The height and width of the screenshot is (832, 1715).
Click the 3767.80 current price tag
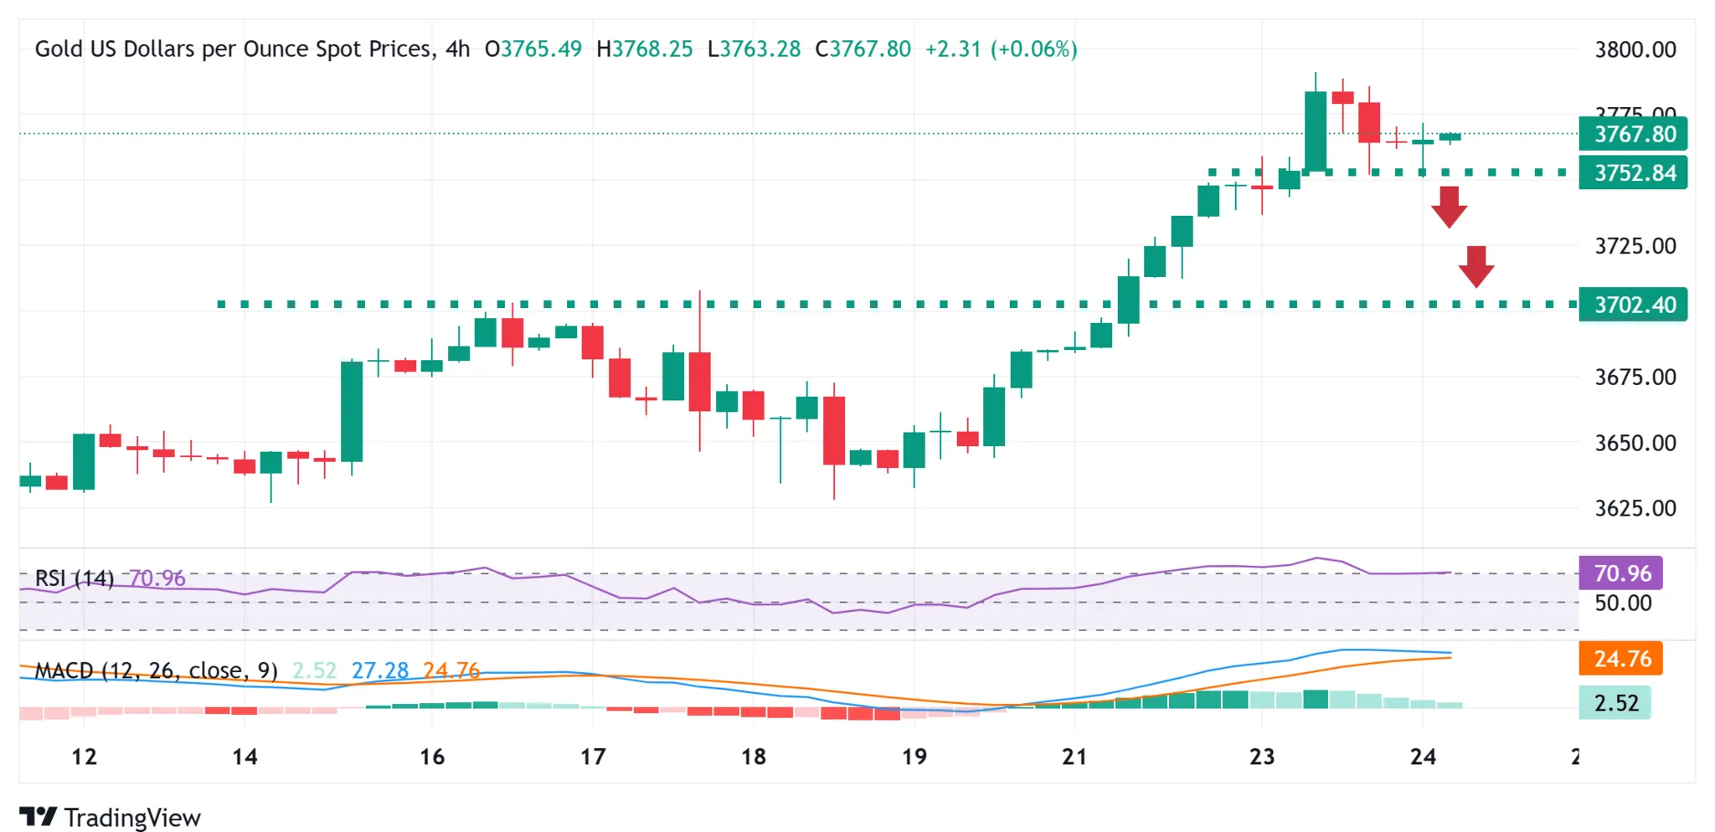pyautogui.click(x=1633, y=134)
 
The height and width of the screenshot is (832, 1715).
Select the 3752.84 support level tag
pyautogui.click(x=1633, y=173)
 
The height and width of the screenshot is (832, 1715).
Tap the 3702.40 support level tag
pyautogui.click(x=1633, y=305)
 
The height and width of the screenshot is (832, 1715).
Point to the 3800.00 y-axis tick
pyautogui.click(x=1635, y=49)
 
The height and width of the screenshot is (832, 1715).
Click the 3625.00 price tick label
pyautogui.click(x=1635, y=508)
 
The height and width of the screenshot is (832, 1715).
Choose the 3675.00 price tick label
pyautogui.click(x=1635, y=377)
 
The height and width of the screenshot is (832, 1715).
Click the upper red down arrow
pyautogui.click(x=1449, y=206)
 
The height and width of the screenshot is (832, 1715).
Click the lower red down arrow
pyautogui.click(x=1476, y=266)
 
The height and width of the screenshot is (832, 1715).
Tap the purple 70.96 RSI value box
pyautogui.click(x=1620, y=573)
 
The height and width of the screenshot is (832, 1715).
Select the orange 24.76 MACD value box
pyautogui.click(x=1620, y=659)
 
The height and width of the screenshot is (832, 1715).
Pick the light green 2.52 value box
pyautogui.click(x=1615, y=703)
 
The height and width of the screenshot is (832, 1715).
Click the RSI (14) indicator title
pyautogui.click(x=74, y=578)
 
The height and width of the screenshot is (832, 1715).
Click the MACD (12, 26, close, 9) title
pyautogui.click(x=156, y=670)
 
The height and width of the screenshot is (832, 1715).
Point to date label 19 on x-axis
pyautogui.click(x=914, y=757)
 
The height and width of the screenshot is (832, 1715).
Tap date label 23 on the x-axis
pyautogui.click(x=1261, y=757)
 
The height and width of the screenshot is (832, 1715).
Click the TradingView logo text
pyautogui.click(x=131, y=818)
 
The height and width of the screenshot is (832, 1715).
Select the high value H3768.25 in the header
pyautogui.click(x=644, y=49)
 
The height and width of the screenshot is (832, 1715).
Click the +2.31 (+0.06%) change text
pyautogui.click(x=1001, y=49)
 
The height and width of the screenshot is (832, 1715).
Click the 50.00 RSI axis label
pyautogui.click(x=1622, y=603)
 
